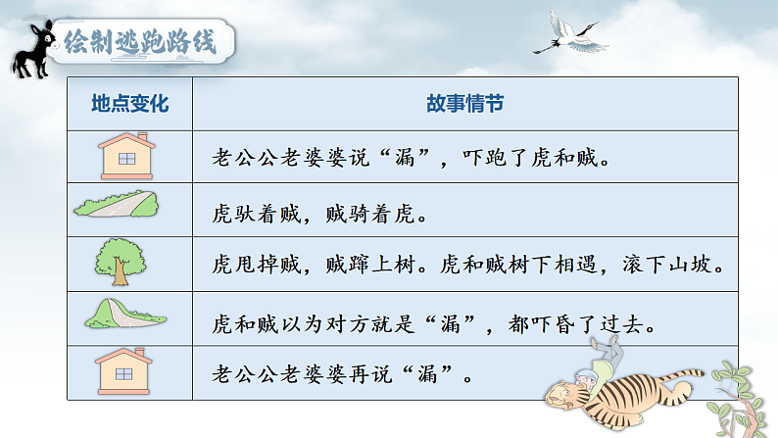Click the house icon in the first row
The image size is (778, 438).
[126, 156]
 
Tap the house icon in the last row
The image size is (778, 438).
[126, 373]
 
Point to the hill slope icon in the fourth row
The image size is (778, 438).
[122, 314]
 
